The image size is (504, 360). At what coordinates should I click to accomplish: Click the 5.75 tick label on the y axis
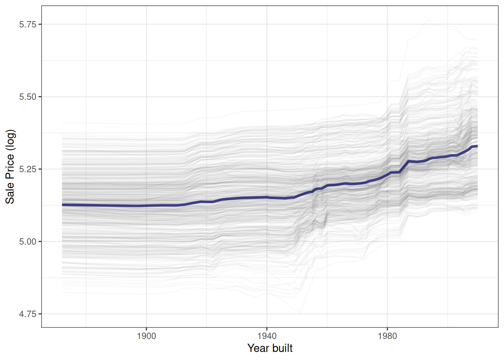(x=27, y=24)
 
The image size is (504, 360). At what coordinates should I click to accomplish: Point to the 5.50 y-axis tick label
(x=27, y=97)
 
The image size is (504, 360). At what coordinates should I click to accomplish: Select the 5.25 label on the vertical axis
(x=27, y=169)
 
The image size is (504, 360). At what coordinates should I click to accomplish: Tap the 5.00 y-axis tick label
(x=27, y=241)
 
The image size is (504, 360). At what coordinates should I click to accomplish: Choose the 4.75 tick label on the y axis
(x=27, y=314)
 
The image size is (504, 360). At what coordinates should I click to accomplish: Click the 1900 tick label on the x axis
(x=146, y=336)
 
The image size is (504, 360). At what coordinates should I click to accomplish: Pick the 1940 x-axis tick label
(x=267, y=336)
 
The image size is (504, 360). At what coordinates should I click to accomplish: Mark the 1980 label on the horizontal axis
(x=387, y=336)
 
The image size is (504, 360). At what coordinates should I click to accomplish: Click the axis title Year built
(x=270, y=348)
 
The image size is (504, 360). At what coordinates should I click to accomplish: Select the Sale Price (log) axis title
(x=10, y=166)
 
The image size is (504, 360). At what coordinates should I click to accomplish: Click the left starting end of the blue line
(x=63, y=205)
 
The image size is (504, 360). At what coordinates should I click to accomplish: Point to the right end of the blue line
(x=477, y=146)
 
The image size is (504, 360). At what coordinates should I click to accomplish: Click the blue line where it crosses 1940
(x=267, y=197)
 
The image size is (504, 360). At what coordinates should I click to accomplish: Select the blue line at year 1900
(x=146, y=205)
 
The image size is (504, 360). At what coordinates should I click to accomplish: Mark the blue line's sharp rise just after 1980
(x=404, y=166)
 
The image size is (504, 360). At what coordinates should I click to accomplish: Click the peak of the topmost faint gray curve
(x=429, y=21)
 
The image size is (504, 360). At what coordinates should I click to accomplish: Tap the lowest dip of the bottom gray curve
(x=299, y=312)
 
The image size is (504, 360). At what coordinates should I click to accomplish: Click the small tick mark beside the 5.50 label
(x=40, y=97)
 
